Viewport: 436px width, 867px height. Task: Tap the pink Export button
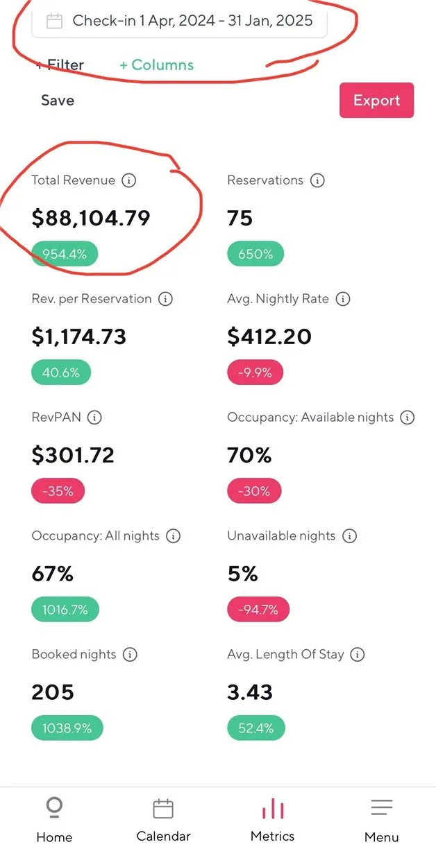tap(376, 100)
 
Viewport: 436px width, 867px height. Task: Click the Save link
tap(58, 100)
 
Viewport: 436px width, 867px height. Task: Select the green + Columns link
tap(156, 65)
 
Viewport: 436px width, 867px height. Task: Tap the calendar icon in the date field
tap(54, 21)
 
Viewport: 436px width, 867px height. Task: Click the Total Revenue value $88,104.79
tap(91, 218)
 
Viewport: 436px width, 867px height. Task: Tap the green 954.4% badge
tap(65, 254)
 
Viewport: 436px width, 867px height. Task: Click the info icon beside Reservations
tap(317, 180)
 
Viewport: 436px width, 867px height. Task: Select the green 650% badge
tap(255, 254)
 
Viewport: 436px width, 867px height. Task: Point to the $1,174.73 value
tap(79, 336)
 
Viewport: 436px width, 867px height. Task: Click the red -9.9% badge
tap(255, 372)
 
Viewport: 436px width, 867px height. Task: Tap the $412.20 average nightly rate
tap(269, 336)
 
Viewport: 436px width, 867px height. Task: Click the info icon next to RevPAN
tap(95, 418)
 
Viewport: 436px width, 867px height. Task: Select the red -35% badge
tap(58, 492)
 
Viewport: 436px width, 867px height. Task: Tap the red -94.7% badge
tap(258, 610)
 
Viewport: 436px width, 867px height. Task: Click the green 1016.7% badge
tap(65, 610)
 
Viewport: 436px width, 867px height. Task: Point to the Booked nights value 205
tap(53, 692)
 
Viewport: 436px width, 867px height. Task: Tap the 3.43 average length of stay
tap(250, 692)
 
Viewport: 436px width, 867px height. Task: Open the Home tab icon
tap(54, 807)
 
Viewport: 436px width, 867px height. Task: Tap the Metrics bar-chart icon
tap(273, 809)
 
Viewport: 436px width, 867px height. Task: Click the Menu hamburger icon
tap(381, 807)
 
